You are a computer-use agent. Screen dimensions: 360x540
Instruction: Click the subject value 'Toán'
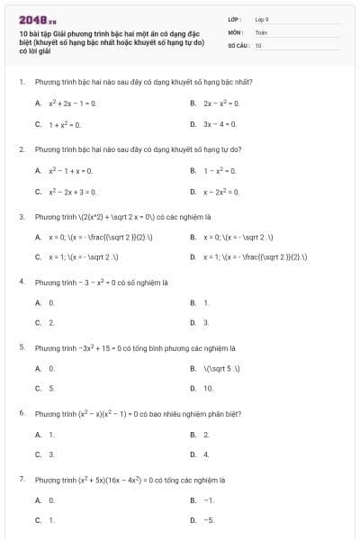pyautogui.click(x=261, y=31)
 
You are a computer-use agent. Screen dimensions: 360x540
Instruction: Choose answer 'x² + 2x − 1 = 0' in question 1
pyautogui.click(x=72, y=103)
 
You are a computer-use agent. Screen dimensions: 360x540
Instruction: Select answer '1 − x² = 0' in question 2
pyautogui.click(x=220, y=170)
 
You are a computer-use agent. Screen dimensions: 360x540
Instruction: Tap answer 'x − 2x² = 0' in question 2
pyautogui.click(x=221, y=192)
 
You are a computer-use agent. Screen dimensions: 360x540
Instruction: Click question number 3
pyautogui.click(x=21, y=217)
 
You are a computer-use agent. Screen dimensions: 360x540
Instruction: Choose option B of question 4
pyautogui.click(x=206, y=302)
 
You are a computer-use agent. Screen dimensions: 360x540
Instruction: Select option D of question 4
pyautogui.click(x=206, y=322)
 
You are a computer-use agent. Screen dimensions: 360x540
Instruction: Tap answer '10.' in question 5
pyautogui.click(x=209, y=389)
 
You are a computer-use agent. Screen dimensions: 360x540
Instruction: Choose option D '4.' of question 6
pyautogui.click(x=206, y=454)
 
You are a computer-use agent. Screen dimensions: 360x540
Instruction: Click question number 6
pyautogui.click(x=21, y=412)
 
